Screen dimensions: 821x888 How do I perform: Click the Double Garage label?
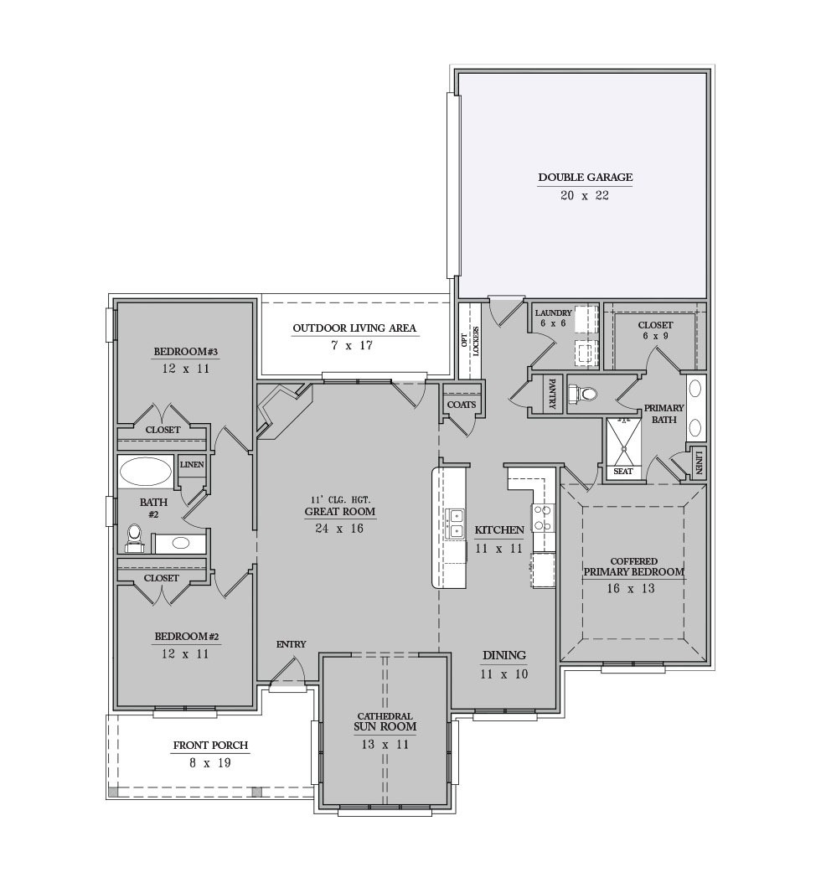(586, 178)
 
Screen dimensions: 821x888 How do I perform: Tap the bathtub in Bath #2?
(146, 471)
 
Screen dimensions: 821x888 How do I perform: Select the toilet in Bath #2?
(135, 538)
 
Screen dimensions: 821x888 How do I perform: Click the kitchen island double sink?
(455, 524)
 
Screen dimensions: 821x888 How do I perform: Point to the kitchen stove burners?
(542, 519)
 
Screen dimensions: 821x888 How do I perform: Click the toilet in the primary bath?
(582, 392)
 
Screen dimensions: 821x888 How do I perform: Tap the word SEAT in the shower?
(622, 471)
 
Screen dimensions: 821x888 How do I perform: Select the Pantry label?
(552, 395)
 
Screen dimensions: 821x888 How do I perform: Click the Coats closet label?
(462, 405)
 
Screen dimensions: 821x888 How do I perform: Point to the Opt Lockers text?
(470, 341)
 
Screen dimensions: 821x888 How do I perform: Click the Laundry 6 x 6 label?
(553, 318)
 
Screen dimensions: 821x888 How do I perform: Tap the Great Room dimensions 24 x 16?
(340, 529)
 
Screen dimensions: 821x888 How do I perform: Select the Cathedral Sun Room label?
(385, 721)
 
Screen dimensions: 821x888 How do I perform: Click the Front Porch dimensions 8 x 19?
(210, 763)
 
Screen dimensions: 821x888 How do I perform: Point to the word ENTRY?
(291, 644)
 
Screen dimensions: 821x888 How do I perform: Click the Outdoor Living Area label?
(354, 328)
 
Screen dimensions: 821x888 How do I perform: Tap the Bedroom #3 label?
(186, 352)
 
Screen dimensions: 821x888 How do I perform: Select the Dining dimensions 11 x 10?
(504, 674)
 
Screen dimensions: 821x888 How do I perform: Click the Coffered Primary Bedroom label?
(633, 567)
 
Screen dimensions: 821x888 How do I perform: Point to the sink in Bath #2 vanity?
(181, 543)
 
